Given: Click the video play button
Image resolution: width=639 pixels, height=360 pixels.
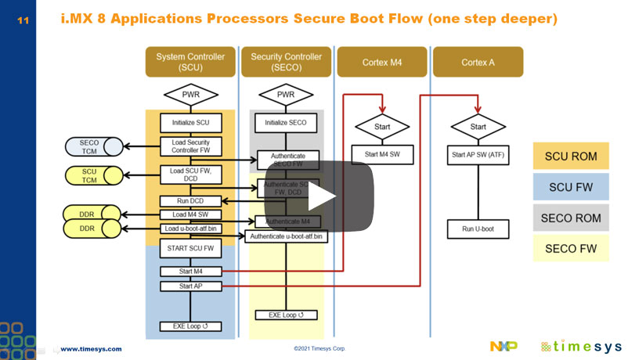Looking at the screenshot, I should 318,196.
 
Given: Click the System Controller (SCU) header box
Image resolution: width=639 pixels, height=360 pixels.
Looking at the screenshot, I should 190,62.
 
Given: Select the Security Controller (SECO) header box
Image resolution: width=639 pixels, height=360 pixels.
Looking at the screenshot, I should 286,62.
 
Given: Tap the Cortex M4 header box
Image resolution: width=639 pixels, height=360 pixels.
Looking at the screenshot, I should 382,62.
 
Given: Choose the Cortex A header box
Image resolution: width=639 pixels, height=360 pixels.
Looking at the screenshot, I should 478,62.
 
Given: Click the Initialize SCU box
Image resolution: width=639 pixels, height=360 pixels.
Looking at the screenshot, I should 190,123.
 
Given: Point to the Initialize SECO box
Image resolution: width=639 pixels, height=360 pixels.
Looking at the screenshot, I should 286,123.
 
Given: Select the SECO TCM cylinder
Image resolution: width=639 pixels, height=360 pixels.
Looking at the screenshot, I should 91,146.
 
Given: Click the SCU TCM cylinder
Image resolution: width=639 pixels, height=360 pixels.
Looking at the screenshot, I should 91,175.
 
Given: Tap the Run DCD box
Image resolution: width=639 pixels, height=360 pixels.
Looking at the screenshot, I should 190,201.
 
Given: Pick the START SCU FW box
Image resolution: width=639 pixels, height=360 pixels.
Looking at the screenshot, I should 190,249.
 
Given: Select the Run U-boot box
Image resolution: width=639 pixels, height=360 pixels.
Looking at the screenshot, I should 478,229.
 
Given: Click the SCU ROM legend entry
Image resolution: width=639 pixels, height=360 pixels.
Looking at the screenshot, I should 571,156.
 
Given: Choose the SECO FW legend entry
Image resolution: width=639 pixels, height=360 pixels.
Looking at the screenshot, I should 571,248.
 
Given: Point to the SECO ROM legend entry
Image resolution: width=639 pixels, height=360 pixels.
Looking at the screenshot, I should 571,218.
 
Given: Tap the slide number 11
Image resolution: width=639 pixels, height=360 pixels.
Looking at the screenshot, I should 22,20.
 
